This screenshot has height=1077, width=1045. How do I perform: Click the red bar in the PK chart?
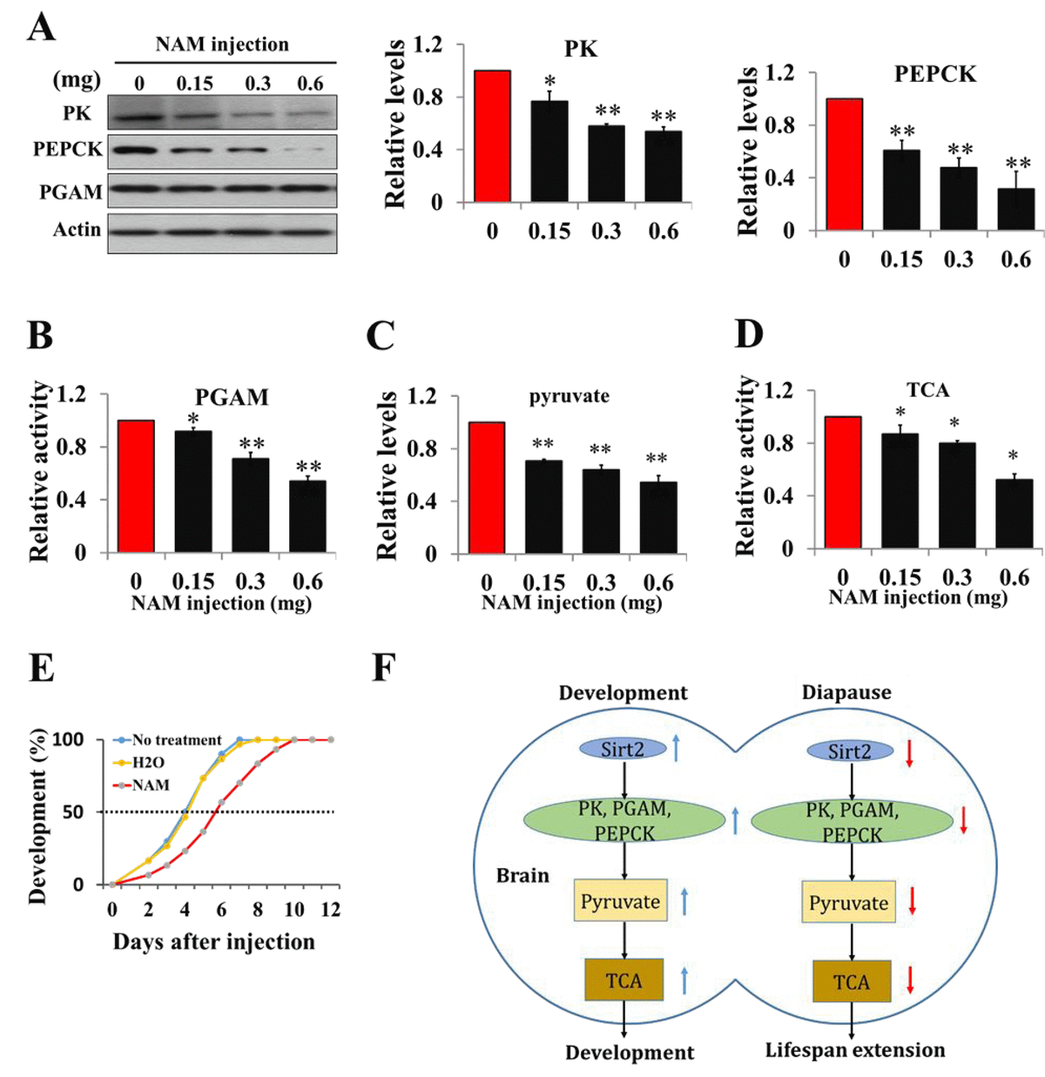tap(493, 136)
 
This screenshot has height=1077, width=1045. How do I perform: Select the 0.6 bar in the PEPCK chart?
tap(1016, 210)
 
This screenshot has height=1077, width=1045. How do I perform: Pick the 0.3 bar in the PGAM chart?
tap(251, 505)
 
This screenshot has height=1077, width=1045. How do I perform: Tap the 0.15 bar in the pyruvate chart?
tap(543, 507)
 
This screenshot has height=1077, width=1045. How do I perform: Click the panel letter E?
tap(41, 669)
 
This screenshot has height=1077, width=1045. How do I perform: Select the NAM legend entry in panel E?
tap(150, 785)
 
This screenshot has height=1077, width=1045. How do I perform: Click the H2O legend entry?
tap(148, 763)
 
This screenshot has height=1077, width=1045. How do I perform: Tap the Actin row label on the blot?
tap(77, 230)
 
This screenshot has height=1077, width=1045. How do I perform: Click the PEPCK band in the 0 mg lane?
tap(138, 150)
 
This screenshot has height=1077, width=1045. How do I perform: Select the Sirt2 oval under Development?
tap(622, 750)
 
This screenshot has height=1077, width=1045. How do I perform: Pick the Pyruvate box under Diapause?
tap(848, 903)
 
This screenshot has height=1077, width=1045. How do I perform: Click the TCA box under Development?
tap(624, 981)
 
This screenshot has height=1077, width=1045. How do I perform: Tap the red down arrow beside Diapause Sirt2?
tap(908, 752)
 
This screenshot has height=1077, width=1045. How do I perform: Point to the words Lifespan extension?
tap(855, 1050)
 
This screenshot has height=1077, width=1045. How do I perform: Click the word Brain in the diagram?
tap(522, 875)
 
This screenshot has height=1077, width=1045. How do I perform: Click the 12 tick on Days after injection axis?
tap(330, 910)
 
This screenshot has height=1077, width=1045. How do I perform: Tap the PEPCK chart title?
tap(935, 74)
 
